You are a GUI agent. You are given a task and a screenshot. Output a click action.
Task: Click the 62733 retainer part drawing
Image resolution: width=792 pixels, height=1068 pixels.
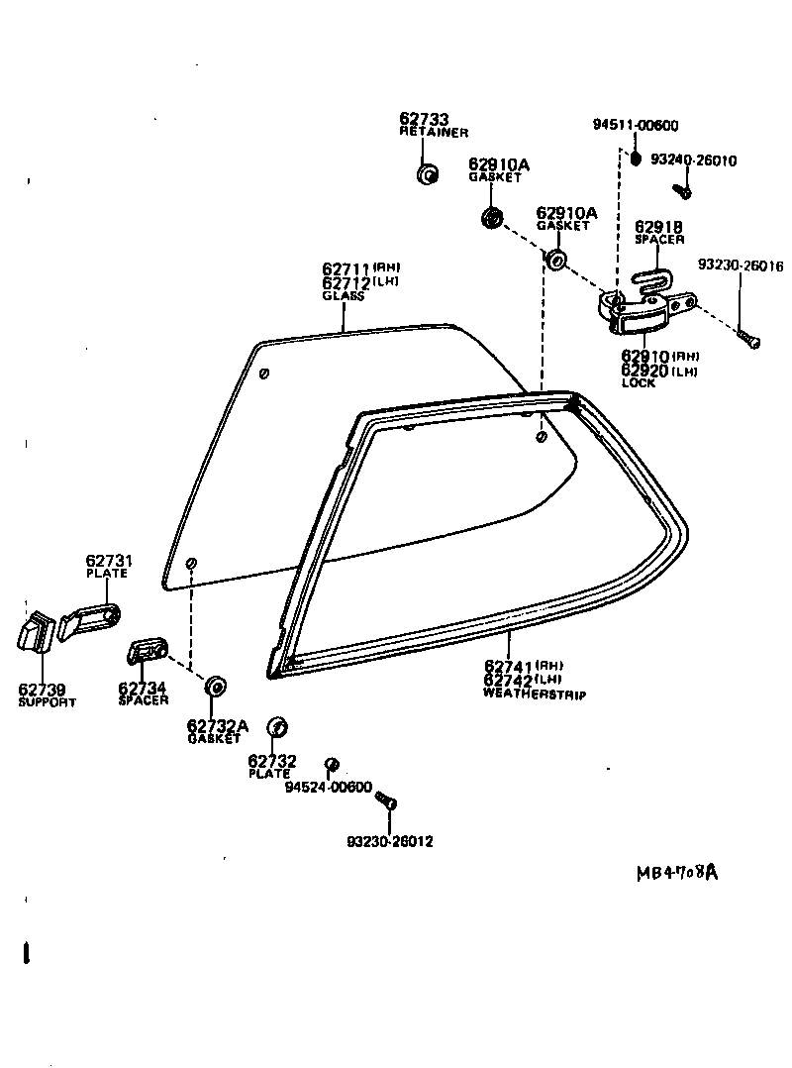pyautogui.click(x=428, y=174)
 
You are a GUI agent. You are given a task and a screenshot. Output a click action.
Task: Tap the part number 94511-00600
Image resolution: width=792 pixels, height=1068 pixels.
pyautogui.click(x=636, y=125)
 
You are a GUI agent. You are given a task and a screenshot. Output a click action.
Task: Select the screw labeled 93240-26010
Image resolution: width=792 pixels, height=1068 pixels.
pyautogui.click(x=681, y=189)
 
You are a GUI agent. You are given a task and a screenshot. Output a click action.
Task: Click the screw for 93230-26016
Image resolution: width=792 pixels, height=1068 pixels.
pyautogui.click(x=747, y=340)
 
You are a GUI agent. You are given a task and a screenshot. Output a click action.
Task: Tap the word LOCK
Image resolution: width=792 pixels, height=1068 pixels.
pyautogui.click(x=638, y=383)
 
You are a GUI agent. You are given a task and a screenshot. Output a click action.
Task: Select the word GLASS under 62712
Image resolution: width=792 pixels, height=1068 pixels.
pyautogui.click(x=343, y=296)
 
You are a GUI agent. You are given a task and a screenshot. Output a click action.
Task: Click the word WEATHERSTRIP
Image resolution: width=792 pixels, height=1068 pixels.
pyautogui.click(x=534, y=694)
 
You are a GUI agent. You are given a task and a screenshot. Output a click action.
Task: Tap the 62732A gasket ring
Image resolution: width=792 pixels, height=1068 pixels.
pyautogui.click(x=213, y=686)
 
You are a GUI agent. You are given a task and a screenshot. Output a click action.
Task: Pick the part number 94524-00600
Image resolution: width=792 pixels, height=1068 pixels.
pyautogui.click(x=328, y=788)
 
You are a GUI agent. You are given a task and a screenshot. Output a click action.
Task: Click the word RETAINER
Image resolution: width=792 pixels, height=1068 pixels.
pyautogui.click(x=434, y=132)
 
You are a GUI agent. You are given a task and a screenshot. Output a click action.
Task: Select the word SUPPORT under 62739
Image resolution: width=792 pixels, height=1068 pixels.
pyautogui.click(x=47, y=701)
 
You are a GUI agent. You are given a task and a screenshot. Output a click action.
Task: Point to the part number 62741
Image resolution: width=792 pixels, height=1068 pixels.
pyautogui.click(x=510, y=666)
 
